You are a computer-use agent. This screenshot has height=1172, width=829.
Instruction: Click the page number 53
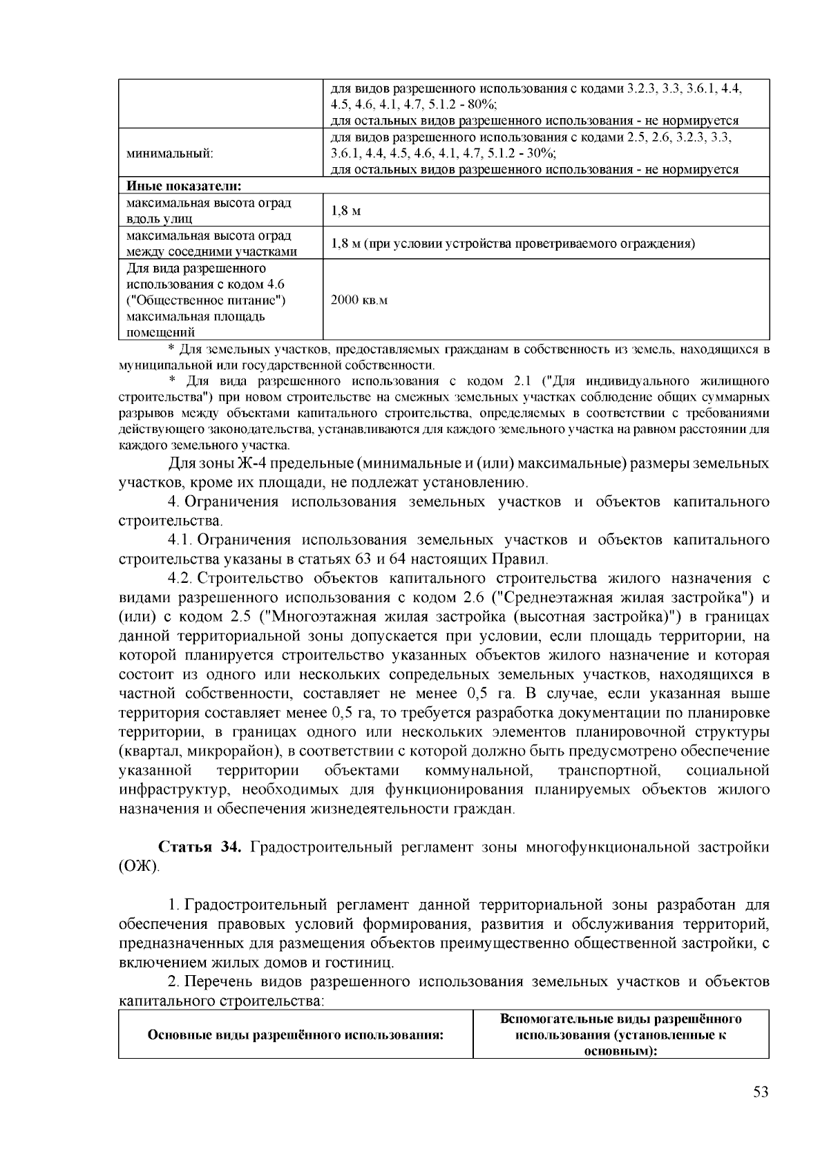[761, 1092]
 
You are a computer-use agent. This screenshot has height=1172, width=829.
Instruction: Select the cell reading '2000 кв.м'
[359, 300]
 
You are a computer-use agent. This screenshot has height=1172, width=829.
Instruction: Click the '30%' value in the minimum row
[540, 153]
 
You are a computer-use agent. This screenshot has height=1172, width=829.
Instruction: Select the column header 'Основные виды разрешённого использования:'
[295, 1035]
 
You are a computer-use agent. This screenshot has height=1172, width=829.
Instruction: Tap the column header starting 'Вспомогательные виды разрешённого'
[620, 1019]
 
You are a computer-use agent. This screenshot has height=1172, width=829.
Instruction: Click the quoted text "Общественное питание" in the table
[206, 300]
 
